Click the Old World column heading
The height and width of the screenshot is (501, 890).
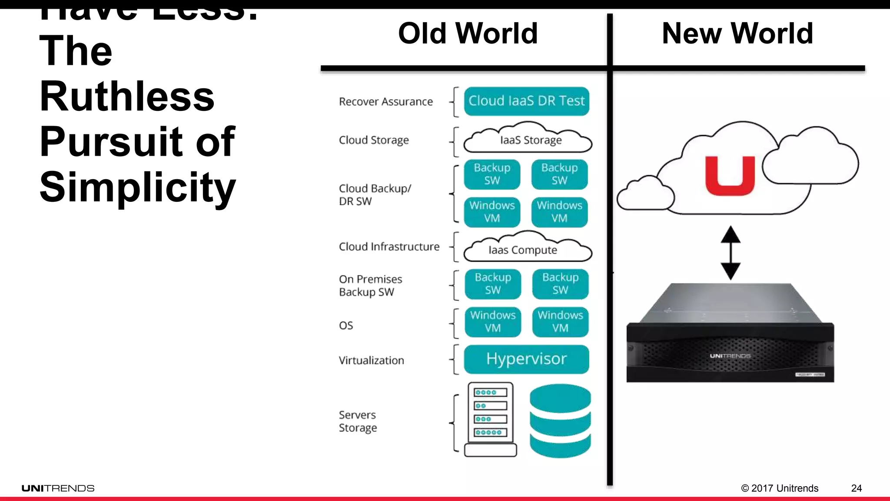point(468,33)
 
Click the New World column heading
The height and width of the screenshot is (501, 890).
point(737,33)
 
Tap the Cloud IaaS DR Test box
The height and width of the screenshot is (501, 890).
point(526,101)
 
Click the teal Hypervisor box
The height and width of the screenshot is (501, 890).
point(526,359)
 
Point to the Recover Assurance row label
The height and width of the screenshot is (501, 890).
point(386,102)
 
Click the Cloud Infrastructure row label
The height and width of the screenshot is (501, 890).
point(389,247)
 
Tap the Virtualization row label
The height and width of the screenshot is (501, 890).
point(372,361)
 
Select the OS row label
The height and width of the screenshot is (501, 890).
point(346,326)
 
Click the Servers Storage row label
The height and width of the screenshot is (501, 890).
point(358,421)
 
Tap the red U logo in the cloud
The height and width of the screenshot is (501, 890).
point(730,176)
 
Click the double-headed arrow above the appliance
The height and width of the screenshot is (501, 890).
point(731,253)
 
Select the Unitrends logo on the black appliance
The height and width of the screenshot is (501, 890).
point(730,356)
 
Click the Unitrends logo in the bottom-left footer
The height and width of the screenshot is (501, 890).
point(58,488)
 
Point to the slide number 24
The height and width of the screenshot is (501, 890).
point(856,488)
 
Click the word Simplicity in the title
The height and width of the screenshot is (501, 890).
point(138,187)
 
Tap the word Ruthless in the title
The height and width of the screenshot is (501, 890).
point(127,97)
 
